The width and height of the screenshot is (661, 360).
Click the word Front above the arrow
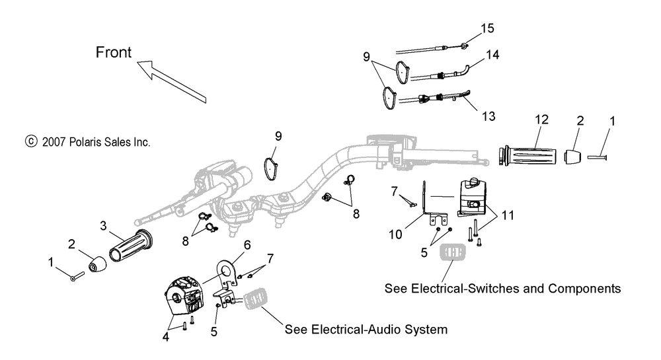(114, 53)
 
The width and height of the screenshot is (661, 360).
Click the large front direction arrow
(173, 80)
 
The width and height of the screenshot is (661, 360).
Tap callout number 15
(487, 29)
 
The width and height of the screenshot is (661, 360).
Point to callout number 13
(488, 116)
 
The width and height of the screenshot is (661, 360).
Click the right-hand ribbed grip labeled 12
(529, 159)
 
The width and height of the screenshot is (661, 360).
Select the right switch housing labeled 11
(475, 196)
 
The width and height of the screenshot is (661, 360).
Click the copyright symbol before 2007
(30, 141)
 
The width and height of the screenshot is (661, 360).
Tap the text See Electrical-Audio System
(366, 329)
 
